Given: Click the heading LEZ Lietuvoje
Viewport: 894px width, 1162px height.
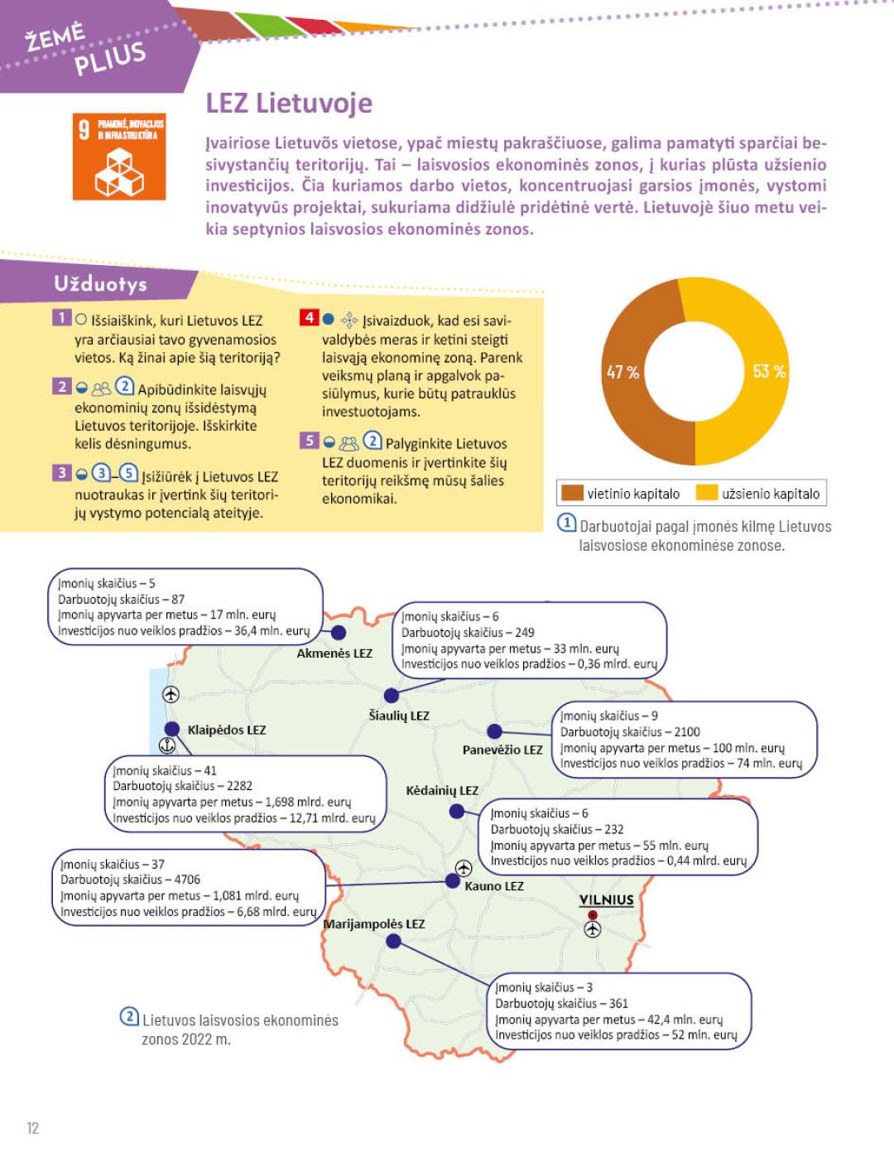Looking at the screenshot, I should point(289,104).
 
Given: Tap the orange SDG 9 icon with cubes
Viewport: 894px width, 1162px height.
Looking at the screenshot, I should point(119,157).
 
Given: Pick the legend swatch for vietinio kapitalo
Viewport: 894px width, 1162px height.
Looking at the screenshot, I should point(572,494).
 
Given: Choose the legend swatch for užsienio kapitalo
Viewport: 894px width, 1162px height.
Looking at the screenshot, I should point(706,494).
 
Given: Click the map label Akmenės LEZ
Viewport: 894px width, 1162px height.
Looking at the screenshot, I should point(334,653).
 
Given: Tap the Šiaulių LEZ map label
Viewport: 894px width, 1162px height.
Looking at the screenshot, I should point(399,716).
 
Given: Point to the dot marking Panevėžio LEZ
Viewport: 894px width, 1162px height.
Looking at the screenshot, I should point(494,731).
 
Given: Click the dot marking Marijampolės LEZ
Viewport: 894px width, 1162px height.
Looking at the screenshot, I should point(394,941).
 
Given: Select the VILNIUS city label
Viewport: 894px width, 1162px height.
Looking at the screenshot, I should point(606,900).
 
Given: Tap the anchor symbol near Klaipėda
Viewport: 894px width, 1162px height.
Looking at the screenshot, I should point(167,746).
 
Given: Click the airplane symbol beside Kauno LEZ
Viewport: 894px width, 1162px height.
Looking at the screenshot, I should point(464,868).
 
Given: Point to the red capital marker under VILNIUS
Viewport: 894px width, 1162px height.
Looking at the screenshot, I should point(592,915).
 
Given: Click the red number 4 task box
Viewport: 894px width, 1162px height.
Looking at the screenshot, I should point(308,318).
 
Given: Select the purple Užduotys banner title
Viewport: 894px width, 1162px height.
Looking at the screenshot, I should point(100,284).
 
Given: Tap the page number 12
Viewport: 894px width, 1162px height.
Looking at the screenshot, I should point(33,1127).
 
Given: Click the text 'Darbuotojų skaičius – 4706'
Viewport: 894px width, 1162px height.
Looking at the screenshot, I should point(130,880).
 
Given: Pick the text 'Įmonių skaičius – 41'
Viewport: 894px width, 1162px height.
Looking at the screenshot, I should point(165,770).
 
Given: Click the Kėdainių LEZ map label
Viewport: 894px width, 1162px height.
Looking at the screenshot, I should point(442,791).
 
